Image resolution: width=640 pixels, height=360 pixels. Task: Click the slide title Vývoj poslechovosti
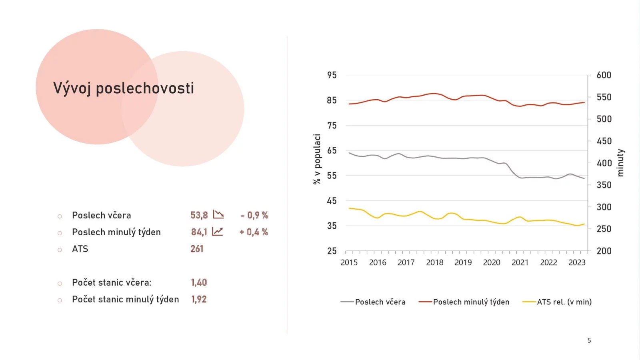point(124,88)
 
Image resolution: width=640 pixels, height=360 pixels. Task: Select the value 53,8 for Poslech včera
point(199,215)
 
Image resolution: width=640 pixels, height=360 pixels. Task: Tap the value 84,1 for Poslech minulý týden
point(199,232)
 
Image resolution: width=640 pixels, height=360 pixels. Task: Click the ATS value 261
point(197,249)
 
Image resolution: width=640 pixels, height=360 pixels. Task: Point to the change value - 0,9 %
point(254,215)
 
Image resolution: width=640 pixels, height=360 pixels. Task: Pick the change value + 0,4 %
point(254,232)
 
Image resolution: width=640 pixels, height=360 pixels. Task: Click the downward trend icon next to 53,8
point(218,215)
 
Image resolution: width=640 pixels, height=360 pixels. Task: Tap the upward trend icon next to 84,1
point(217,232)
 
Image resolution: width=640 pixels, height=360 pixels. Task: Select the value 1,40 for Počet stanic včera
point(199,282)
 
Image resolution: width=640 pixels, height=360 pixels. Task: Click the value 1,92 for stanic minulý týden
point(199,299)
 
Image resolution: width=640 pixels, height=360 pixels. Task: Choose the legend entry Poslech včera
point(380,302)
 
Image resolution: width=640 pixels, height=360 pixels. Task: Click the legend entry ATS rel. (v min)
point(564,302)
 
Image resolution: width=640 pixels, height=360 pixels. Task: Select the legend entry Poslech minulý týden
point(471,302)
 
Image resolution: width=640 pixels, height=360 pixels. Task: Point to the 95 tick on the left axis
point(332,75)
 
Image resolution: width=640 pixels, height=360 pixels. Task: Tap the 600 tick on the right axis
point(604,75)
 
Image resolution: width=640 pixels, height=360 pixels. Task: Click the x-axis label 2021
point(520,262)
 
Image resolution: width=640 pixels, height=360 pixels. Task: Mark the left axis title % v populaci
point(317,159)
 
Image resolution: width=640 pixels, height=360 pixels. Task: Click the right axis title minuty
point(620,163)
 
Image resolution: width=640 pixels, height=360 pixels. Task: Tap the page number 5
point(589,340)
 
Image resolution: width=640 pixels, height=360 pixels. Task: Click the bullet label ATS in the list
point(80,249)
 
